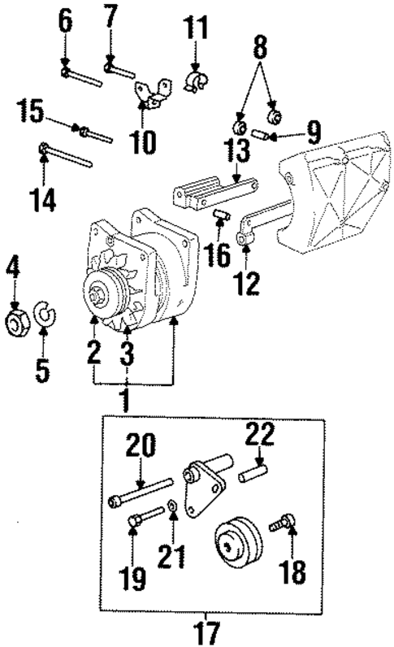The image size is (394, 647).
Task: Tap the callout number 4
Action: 13,267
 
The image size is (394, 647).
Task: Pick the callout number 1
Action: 125,402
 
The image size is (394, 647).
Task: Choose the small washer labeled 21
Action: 173,510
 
